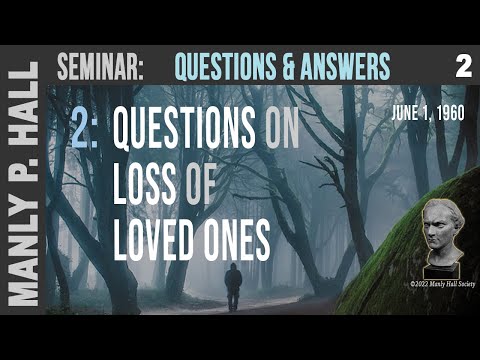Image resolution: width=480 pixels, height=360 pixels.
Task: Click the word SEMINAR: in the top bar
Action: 100,67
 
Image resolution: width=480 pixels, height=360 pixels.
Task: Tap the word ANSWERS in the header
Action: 339,67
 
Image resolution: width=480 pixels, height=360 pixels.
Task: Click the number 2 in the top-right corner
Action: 461,67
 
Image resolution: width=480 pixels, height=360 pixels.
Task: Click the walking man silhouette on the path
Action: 233,287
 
